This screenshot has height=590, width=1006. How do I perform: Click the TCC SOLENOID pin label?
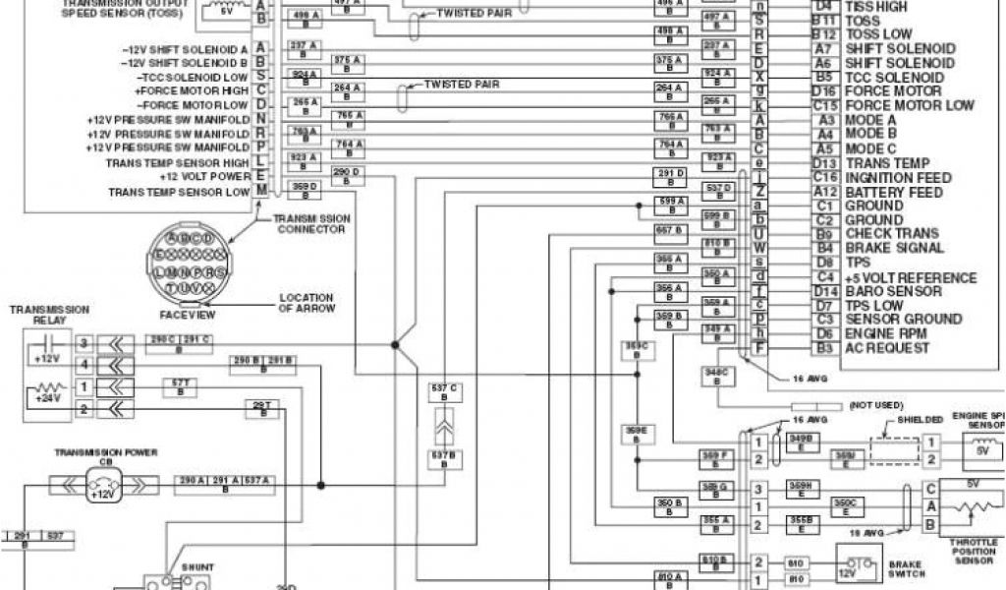point(895,77)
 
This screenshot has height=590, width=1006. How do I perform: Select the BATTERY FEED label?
point(896,192)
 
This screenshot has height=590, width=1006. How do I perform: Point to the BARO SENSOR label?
point(893,291)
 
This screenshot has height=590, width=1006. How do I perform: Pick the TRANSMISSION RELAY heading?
point(49,315)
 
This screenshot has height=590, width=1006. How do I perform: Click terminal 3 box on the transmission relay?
point(84,343)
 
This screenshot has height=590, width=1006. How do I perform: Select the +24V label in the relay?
point(45,398)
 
